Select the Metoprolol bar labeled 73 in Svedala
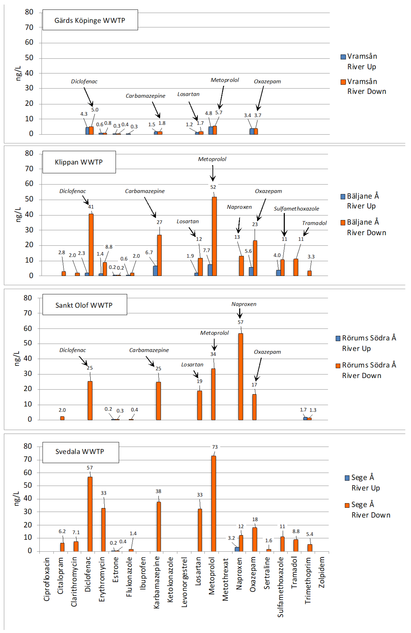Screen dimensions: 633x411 click(213, 503)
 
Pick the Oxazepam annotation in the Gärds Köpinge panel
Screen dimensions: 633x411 click(267, 81)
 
